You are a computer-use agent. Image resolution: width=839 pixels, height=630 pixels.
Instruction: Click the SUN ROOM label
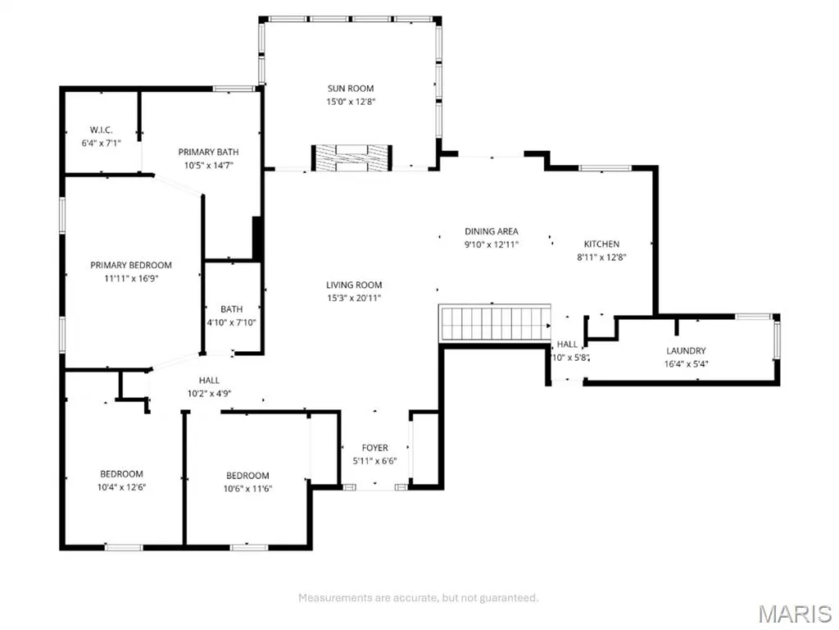tap(351, 89)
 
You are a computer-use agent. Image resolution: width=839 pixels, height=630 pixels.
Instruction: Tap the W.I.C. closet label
tap(101, 130)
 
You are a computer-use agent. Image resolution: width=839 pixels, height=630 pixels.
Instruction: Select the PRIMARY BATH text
tap(208, 152)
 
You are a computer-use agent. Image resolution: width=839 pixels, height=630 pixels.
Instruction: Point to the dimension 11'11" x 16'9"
tap(131, 278)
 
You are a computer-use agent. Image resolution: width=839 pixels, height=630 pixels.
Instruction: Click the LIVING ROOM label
tap(354, 285)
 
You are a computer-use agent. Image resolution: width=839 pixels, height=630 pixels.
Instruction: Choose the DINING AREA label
tap(492, 231)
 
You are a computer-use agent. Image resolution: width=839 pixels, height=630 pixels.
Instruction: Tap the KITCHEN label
tap(601, 244)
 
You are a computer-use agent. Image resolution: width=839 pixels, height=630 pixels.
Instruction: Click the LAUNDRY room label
tap(686, 351)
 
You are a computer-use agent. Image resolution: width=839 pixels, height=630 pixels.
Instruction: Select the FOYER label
tap(374, 448)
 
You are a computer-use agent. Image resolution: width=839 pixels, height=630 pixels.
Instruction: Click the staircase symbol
tap(494, 323)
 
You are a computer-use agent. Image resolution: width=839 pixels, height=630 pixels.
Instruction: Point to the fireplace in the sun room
tap(352, 158)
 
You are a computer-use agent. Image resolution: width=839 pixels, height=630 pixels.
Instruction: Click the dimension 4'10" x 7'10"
tap(232, 322)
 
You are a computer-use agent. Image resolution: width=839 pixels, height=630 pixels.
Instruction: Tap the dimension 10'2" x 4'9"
tap(209, 393)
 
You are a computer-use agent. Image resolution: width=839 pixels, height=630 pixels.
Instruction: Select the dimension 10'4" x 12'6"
tap(121, 487)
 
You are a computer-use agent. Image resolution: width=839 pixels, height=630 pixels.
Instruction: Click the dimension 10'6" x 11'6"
tap(247, 489)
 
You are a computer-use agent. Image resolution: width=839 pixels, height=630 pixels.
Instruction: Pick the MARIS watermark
tap(795, 614)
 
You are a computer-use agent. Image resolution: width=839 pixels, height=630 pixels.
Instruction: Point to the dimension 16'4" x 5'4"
tap(686, 363)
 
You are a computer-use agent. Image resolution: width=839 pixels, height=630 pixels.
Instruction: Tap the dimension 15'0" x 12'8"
tap(351, 101)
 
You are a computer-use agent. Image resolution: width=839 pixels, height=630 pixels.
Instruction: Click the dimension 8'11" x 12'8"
tap(601, 257)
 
